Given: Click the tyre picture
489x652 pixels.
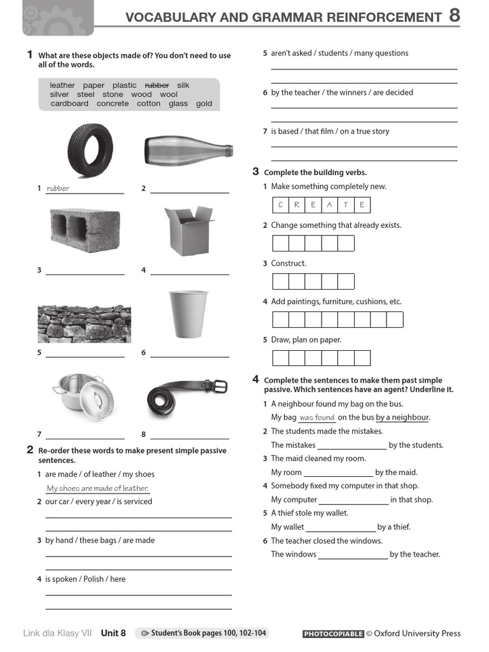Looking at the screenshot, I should [x=90, y=150].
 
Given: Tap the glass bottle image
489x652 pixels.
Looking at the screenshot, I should [x=188, y=150].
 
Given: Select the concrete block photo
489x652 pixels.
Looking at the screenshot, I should [x=85, y=231].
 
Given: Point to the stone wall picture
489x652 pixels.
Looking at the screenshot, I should [x=84, y=323].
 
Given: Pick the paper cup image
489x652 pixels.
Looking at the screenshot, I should [x=188, y=314].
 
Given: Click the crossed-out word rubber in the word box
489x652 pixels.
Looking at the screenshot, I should [x=157, y=85].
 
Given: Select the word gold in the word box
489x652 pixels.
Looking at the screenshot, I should [x=204, y=104].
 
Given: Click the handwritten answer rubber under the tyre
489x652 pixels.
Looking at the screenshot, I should [x=58, y=188].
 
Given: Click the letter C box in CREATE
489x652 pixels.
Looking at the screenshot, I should [x=280, y=205].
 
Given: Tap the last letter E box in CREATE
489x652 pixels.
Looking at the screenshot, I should [x=362, y=205].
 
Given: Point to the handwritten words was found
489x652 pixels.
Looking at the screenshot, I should [x=316, y=418].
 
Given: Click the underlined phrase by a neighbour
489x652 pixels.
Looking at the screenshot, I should [x=402, y=418].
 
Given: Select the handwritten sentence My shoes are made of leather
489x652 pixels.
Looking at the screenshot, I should [x=97, y=488].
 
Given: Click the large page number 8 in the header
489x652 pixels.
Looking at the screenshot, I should [x=455, y=16].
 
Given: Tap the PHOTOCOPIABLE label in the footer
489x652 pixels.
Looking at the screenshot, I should [x=333, y=634].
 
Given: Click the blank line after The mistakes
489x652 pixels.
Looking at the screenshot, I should [x=351, y=446].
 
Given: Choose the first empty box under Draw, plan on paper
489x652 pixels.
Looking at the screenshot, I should [x=281, y=358].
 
